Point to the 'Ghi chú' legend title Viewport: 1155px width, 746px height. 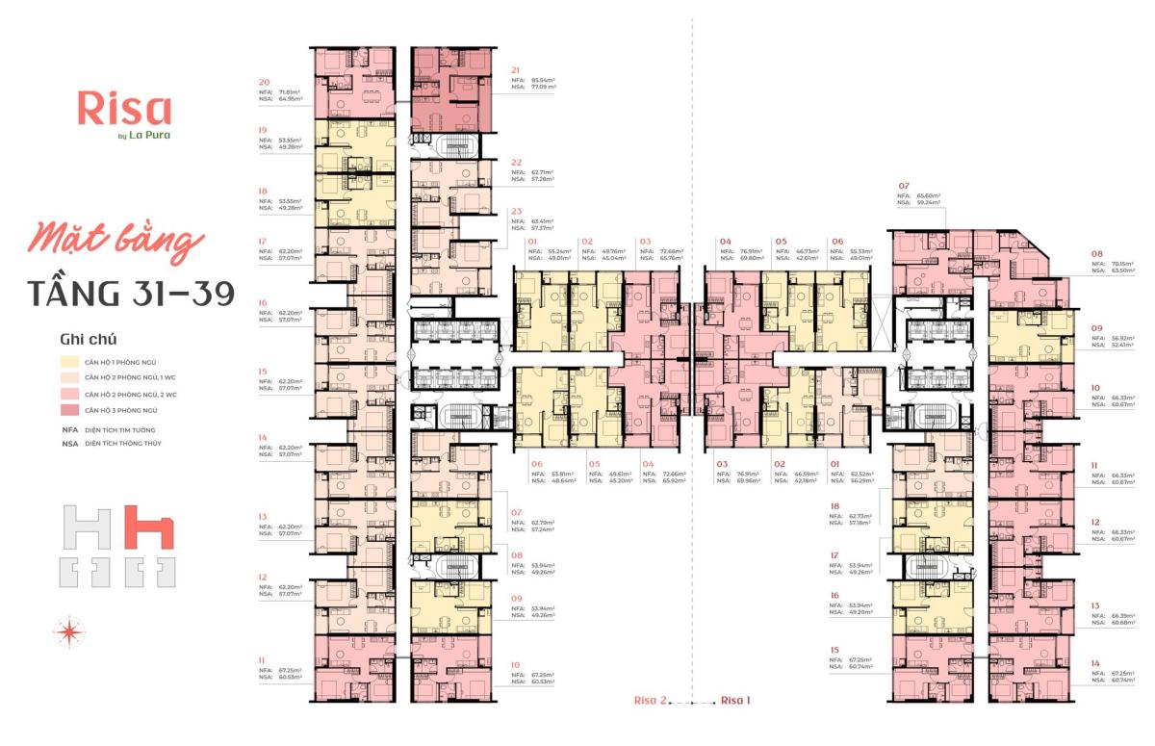coord(82,339)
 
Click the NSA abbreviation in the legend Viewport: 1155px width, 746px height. coord(69,444)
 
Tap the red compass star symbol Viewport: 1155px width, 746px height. coord(70,632)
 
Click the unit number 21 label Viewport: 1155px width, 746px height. coord(517,70)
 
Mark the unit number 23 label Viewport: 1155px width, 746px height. coord(517,211)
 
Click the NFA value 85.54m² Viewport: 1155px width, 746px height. coord(545,80)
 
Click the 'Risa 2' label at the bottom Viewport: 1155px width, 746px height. coord(647,700)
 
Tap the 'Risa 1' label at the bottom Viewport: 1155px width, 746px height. coord(735,700)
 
